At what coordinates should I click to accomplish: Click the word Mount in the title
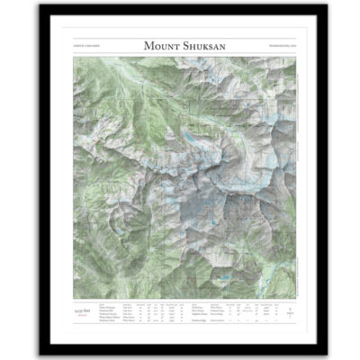[x=161, y=45]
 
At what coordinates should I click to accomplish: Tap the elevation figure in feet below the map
[x=83, y=309]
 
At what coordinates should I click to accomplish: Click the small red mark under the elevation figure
[x=83, y=314]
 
